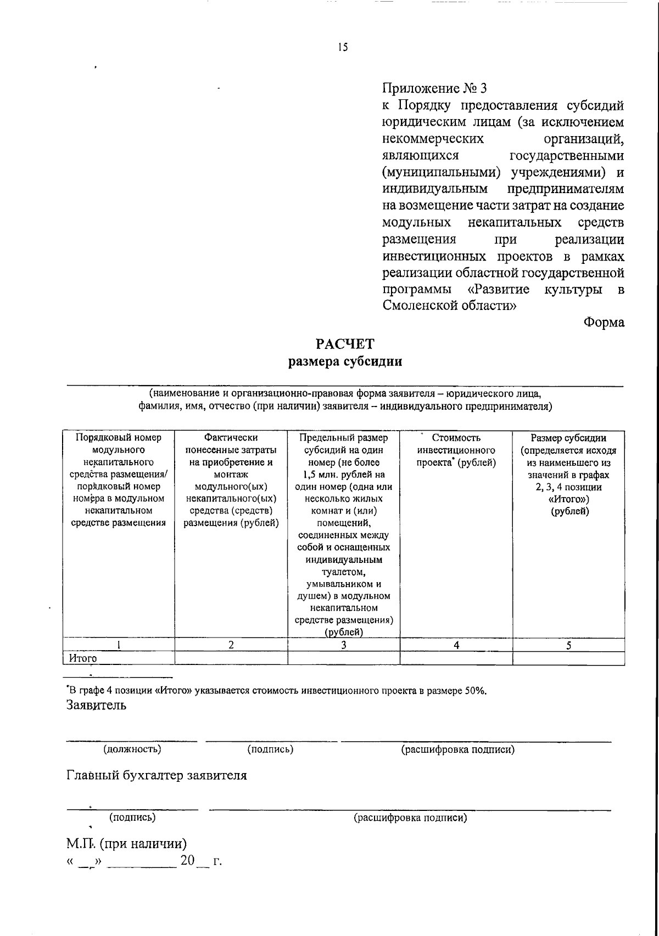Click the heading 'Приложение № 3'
pos(434,88)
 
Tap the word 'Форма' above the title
pos(604,323)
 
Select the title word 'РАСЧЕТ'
pos(345,344)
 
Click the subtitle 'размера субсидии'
pos(345,362)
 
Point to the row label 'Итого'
pos(83,658)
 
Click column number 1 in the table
pos(119,645)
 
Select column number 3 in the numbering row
pos(344,645)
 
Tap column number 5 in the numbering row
pos(568,645)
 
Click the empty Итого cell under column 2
pos(231,658)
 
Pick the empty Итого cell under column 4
pos(456,658)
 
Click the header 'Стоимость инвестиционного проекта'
pos(456,450)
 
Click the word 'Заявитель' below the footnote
pos(96,705)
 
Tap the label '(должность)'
pos(132,749)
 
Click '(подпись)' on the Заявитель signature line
pos(270,749)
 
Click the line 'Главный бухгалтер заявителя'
pos(157,775)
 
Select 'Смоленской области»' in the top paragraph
pos(449,306)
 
